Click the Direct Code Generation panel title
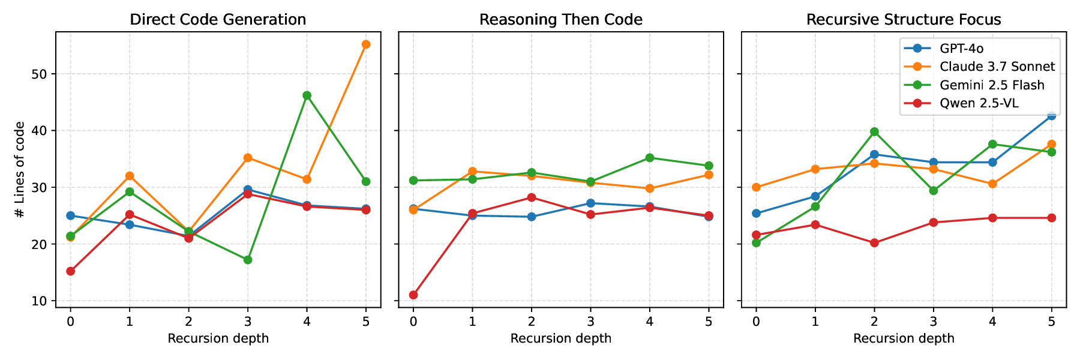(x=218, y=20)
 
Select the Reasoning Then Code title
(x=560, y=20)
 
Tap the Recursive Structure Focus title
(x=903, y=20)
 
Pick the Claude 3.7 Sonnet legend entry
(x=997, y=67)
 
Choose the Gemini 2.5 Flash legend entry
(x=991, y=85)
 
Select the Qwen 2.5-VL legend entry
(x=979, y=103)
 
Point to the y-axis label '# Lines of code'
(x=20, y=170)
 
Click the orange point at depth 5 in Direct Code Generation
(x=366, y=44)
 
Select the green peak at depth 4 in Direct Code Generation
(x=307, y=95)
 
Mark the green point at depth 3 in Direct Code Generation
(x=248, y=260)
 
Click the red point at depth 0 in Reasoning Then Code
(x=413, y=295)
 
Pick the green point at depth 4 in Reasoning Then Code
(x=649, y=158)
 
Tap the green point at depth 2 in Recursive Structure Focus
(x=874, y=131)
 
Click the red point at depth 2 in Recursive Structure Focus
(x=874, y=243)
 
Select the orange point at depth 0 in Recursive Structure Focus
(x=756, y=187)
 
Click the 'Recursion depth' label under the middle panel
(x=560, y=338)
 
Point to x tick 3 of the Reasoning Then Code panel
(x=590, y=322)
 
